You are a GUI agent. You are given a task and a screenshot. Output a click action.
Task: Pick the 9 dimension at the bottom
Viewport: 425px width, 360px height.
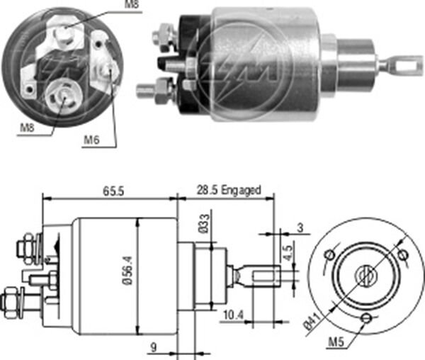tap(153, 347)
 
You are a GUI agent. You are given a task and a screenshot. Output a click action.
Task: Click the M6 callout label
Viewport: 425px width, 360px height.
tap(91, 139)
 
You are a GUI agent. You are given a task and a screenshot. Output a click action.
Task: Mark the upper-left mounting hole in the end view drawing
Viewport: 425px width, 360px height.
tap(329, 254)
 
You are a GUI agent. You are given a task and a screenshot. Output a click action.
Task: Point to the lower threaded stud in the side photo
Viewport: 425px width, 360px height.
tap(147, 91)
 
